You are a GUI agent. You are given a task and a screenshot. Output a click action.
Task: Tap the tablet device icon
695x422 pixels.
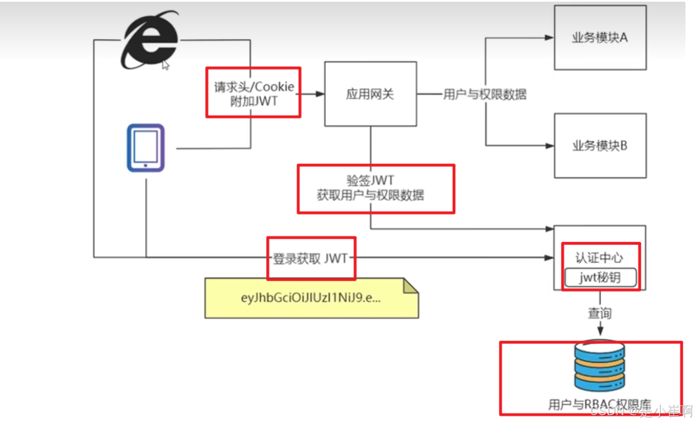[145, 148]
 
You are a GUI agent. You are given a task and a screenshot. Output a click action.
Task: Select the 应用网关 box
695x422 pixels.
[370, 94]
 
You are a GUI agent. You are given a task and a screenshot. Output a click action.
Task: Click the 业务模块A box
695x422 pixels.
[600, 37]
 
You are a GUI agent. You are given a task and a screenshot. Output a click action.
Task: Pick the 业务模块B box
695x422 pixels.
[600, 146]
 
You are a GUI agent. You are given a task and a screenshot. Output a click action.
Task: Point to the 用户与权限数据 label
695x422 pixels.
[485, 94]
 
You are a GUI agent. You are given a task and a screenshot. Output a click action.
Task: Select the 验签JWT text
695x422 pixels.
[370, 181]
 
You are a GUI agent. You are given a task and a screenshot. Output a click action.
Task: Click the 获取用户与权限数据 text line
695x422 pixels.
[370, 195]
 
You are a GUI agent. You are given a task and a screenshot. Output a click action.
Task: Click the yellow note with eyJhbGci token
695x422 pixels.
[311, 298]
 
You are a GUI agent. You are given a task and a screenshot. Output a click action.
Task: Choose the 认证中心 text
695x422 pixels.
[599, 258]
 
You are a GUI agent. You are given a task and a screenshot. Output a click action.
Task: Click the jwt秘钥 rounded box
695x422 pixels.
[600, 277]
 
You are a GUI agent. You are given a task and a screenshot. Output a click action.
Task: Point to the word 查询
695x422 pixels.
[599, 313]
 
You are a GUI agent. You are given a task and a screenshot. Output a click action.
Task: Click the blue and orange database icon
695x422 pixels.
[599, 366]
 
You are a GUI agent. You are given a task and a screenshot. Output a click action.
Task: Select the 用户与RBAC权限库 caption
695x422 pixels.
[599, 405]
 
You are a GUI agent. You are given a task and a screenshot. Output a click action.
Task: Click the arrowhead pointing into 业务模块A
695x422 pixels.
[549, 38]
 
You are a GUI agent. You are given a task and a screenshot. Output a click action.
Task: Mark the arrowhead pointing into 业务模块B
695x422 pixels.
[549, 146]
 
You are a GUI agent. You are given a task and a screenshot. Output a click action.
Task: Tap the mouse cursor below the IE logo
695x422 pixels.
[165, 65]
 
